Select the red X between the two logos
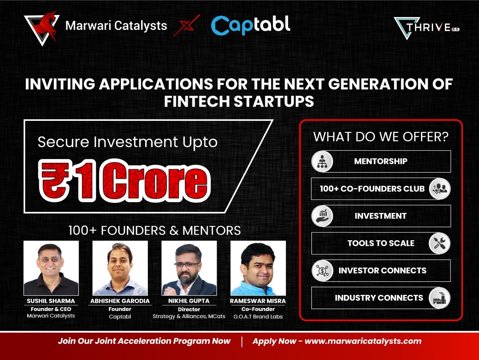[187, 25]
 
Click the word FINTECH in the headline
[197, 101]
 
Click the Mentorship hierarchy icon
[322, 161]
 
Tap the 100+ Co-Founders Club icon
[440, 189]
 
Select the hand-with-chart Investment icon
[322, 216]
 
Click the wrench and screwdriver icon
[440, 243]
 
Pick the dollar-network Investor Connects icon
[322, 271]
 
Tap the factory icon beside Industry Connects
[440, 298]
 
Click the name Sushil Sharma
[51, 301]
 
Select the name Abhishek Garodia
[120, 301]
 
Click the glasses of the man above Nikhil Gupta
[187, 265]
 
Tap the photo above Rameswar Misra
[258, 268]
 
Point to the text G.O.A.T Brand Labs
[258, 317]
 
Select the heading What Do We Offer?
[381, 137]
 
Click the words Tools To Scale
[381, 243]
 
